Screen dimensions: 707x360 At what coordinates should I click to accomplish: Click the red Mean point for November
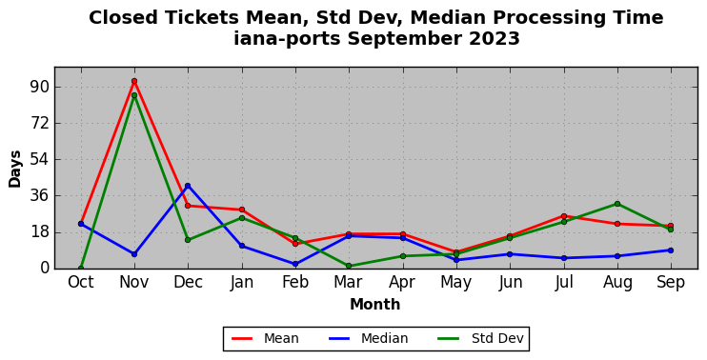click(134, 81)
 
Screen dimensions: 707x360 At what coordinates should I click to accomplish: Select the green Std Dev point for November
click(134, 95)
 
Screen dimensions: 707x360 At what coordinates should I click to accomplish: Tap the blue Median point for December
click(188, 186)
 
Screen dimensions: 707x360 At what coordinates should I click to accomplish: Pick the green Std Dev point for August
click(617, 204)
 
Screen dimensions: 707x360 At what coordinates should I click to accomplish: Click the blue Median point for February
click(295, 264)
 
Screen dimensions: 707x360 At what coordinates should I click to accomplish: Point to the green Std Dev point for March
click(349, 266)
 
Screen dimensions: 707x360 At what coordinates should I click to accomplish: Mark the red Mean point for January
click(242, 210)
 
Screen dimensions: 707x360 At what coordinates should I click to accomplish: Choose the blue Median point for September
click(671, 250)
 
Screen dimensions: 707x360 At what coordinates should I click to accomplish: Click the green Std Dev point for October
click(81, 269)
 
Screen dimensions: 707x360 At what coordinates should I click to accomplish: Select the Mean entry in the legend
click(265, 338)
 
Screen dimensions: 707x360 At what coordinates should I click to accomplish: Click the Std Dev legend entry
click(480, 338)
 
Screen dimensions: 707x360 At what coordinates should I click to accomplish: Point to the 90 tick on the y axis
click(39, 87)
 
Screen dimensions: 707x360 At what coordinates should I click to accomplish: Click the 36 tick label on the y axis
click(39, 196)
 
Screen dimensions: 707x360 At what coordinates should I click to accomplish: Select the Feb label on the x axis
click(295, 282)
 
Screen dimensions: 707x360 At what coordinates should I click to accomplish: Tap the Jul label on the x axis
click(564, 282)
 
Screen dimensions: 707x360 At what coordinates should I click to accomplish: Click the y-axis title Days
click(15, 169)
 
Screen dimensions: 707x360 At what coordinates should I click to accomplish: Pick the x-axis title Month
click(375, 304)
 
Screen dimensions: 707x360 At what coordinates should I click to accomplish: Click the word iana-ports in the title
click(287, 38)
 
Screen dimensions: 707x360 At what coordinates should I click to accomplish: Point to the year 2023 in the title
click(495, 38)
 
